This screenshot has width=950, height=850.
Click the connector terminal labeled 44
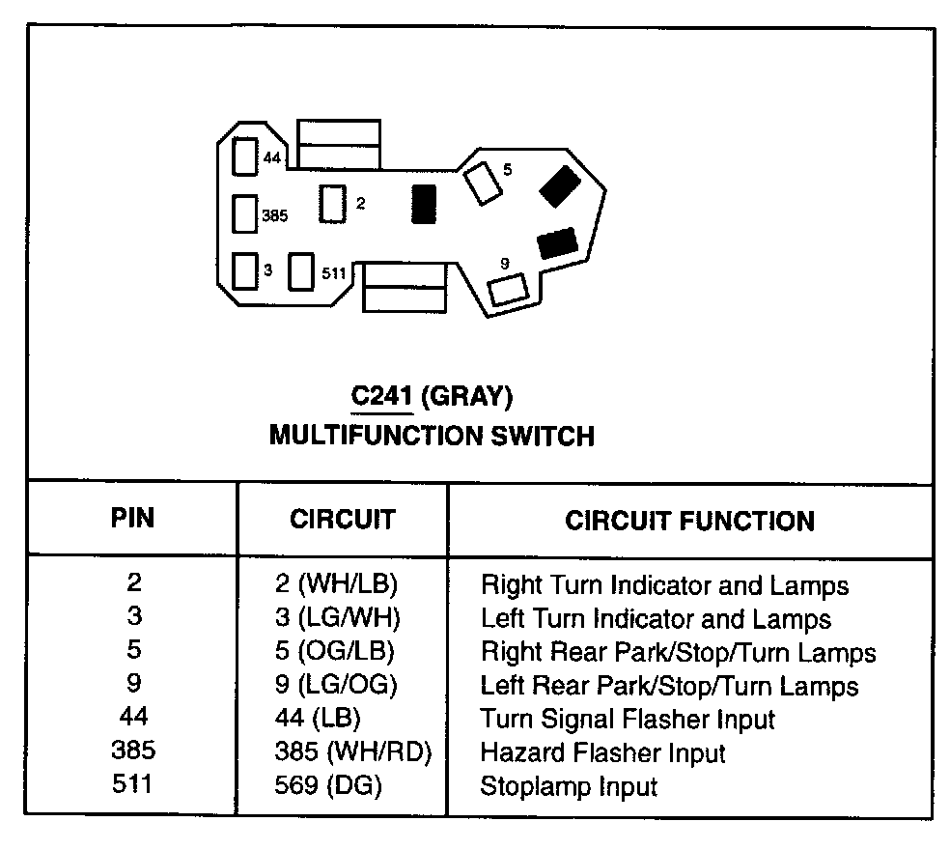pos(246,156)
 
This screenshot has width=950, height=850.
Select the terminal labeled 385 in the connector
pos(246,214)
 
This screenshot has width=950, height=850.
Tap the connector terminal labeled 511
pos(303,271)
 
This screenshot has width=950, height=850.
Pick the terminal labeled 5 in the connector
pos(480,183)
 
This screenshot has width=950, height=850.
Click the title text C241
pos(377,397)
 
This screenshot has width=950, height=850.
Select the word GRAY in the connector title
pos(467,397)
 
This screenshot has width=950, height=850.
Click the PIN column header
pos(132,518)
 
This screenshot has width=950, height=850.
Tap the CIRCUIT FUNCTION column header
pos(689,521)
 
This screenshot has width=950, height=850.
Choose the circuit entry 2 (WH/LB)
pos(336,584)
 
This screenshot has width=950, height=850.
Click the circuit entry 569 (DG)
pos(328,786)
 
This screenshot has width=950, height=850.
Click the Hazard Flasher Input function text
pos(602,752)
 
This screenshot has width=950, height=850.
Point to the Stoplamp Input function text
pos(569,786)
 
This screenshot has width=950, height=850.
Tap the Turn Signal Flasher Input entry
pos(628,719)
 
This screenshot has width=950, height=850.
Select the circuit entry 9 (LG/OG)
pos(336,686)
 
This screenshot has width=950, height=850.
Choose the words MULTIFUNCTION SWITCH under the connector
pos(432,436)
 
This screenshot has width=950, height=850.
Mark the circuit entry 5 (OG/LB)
pos(335,652)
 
